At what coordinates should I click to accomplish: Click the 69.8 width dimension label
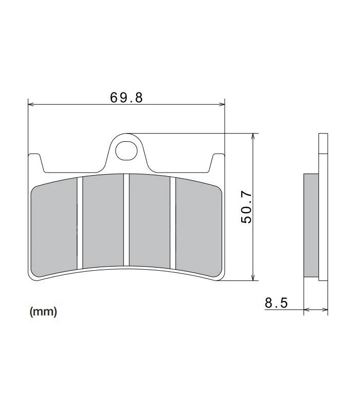(126, 98)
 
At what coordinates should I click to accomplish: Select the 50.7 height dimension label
(246, 208)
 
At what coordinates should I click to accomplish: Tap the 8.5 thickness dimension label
(276, 303)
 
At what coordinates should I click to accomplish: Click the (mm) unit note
(43, 312)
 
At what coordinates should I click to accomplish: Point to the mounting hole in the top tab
(126, 151)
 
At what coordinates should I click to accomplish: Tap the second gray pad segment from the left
(103, 221)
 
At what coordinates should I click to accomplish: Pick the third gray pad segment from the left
(150, 221)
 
